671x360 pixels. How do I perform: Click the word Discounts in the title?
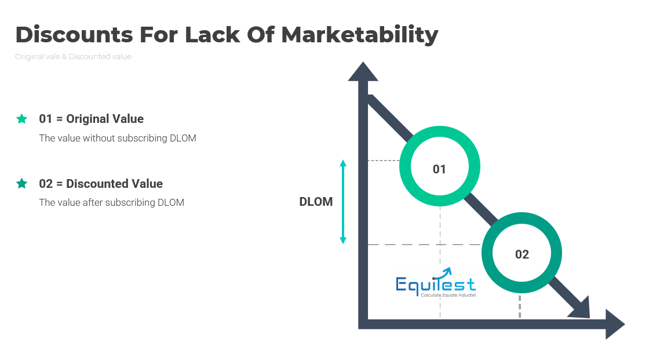(x=74, y=35)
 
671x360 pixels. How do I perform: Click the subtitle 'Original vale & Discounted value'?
(x=73, y=57)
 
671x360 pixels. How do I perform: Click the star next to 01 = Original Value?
(x=21, y=119)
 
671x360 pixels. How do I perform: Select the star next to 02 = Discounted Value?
(x=21, y=184)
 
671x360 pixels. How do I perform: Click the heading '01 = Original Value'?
(x=92, y=119)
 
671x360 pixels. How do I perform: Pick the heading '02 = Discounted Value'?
(x=101, y=184)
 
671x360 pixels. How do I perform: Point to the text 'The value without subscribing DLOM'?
(x=118, y=139)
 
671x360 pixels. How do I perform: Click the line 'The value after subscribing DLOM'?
(x=111, y=203)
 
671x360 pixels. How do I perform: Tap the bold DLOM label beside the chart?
(x=316, y=202)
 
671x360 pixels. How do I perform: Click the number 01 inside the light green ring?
(x=439, y=169)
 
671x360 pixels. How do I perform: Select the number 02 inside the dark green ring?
(x=522, y=254)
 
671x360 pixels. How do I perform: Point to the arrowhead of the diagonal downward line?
(x=581, y=309)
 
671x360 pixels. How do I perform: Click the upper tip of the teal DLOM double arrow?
(x=343, y=162)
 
